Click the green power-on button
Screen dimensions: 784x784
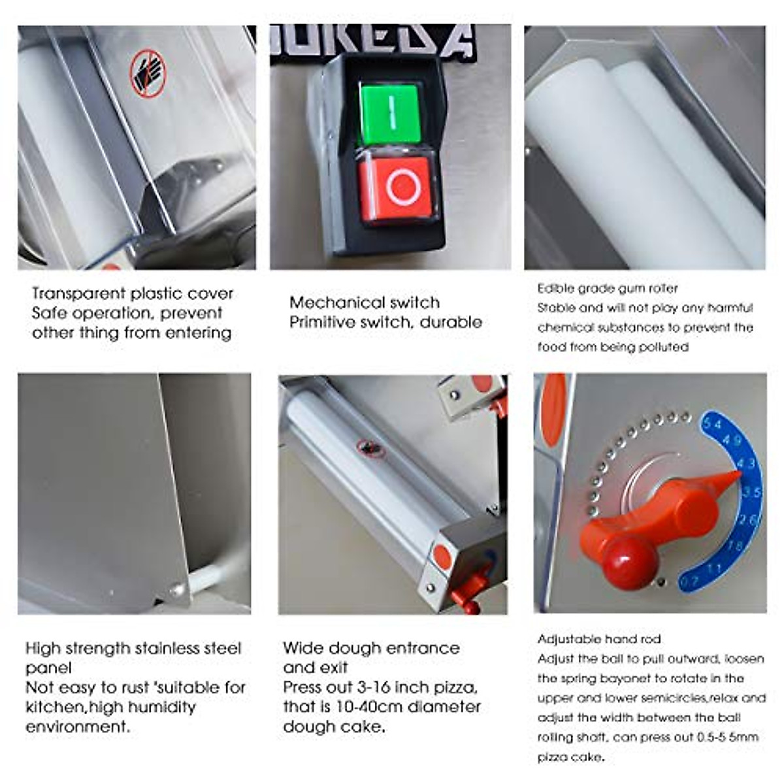click(x=390, y=114)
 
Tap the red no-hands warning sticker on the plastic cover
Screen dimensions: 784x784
click(x=148, y=73)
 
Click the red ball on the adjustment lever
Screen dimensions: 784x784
click(x=629, y=560)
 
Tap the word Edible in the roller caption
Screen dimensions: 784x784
click(x=555, y=288)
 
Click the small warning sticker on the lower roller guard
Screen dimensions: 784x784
click(x=371, y=448)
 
